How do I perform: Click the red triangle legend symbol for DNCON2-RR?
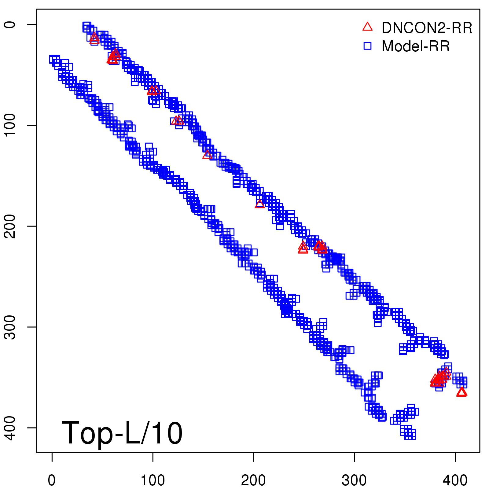367,27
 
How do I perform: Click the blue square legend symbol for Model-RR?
367,46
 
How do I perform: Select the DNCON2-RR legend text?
427,28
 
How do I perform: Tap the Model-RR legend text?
416,46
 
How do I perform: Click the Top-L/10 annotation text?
122,433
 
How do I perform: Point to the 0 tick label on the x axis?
52,480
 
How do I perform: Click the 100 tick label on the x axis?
153,480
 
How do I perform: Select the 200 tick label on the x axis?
253,480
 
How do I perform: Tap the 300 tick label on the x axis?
354,480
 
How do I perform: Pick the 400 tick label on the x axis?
455,480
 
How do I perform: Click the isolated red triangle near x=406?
461,392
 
